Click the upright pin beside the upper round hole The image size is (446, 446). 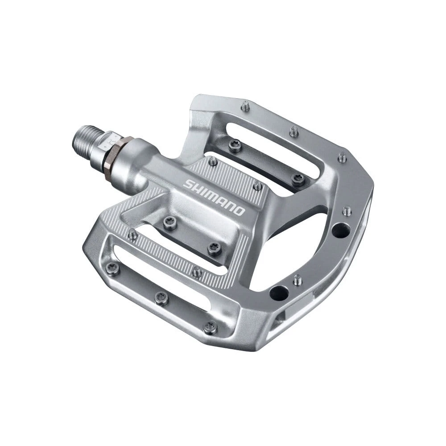[x=347, y=210]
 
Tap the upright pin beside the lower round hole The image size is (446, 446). [x=297, y=280]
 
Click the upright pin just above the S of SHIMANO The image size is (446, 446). [x=214, y=161]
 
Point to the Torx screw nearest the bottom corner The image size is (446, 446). [x=209, y=326]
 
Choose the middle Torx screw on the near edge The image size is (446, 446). [x=161, y=298]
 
